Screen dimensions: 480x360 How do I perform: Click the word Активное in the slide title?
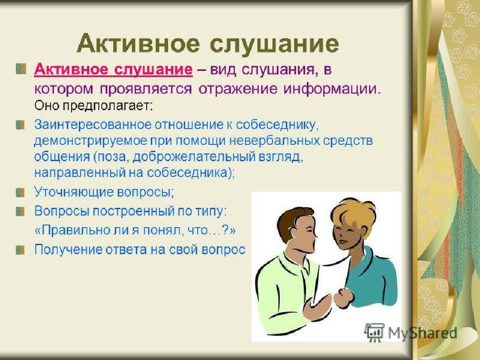click(138, 44)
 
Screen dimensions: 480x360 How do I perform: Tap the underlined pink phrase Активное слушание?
click(113, 70)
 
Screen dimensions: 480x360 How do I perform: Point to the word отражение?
click(238, 89)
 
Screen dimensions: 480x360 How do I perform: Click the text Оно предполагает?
click(93, 106)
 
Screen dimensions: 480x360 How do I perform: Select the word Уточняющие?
click(73, 192)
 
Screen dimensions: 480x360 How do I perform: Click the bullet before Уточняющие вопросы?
click(20, 192)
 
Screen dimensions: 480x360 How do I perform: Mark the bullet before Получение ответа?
click(20, 249)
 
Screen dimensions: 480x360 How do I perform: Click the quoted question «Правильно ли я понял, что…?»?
click(135, 230)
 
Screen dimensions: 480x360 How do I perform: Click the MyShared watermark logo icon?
click(374, 332)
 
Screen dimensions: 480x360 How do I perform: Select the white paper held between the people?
click(330, 281)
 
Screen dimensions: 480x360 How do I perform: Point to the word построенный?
click(133, 211)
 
